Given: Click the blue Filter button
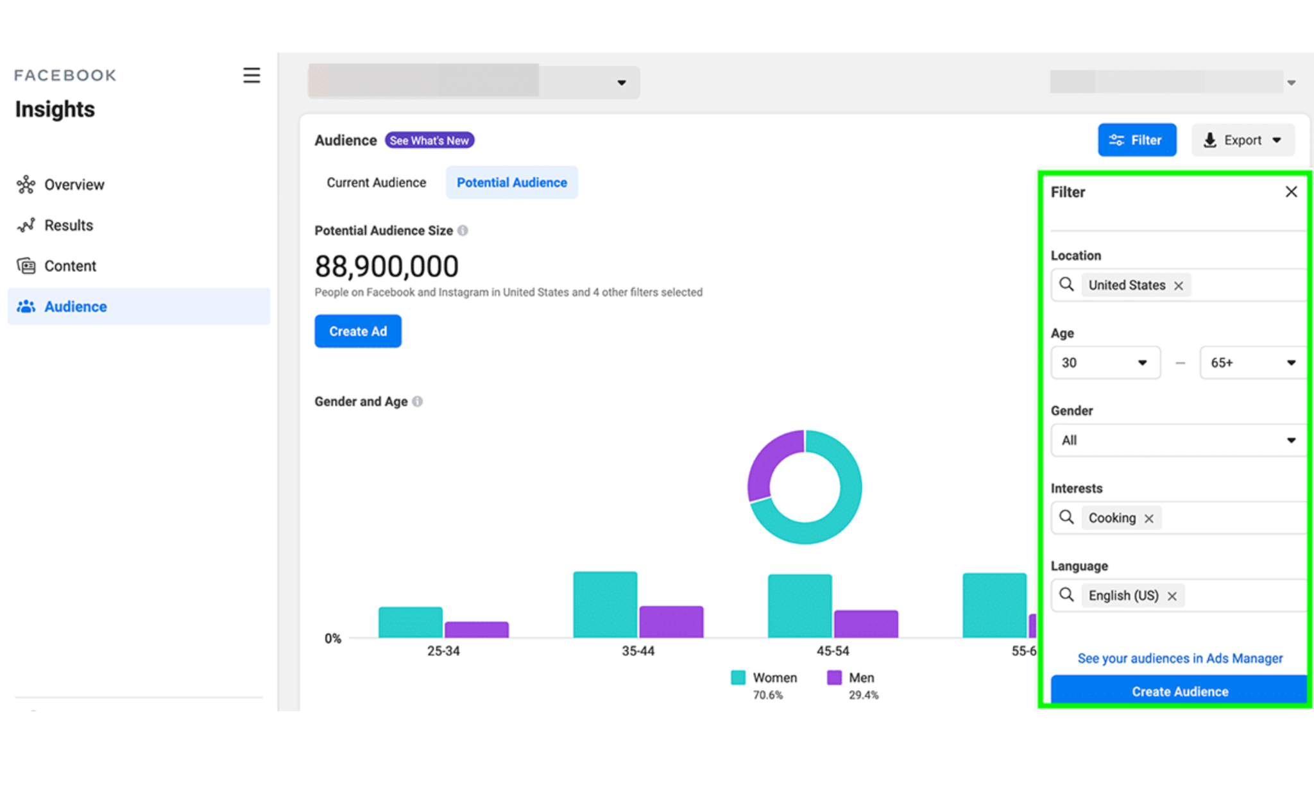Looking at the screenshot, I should pyautogui.click(x=1136, y=140).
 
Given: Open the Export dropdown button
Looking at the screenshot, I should pyautogui.click(x=1242, y=140).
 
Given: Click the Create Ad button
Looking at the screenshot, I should pyautogui.click(x=357, y=331).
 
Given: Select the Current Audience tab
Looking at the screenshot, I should pyautogui.click(x=376, y=183).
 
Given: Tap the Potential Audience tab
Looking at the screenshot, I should pyautogui.click(x=511, y=183).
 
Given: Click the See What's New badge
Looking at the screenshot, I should pyautogui.click(x=429, y=140).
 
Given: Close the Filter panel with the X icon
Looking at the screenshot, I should pyautogui.click(x=1291, y=192).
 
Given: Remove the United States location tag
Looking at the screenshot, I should pyautogui.click(x=1179, y=286).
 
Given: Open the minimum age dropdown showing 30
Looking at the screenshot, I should pyautogui.click(x=1105, y=363).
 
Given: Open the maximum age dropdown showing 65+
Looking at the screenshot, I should pyautogui.click(x=1252, y=363).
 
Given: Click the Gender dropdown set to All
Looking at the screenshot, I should pyautogui.click(x=1178, y=441).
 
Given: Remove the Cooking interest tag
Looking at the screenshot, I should pyautogui.click(x=1149, y=519).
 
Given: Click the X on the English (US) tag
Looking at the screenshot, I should pyautogui.click(x=1172, y=596).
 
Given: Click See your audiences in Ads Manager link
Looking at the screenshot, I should pyautogui.click(x=1179, y=659).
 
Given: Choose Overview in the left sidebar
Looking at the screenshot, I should pyautogui.click(x=74, y=185).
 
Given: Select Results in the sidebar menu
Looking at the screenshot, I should pyautogui.click(x=68, y=226).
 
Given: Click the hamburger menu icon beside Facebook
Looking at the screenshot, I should pyautogui.click(x=252, y=76).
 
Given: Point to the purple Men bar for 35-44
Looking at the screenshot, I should pyautogui.click(x=671, y=621).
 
